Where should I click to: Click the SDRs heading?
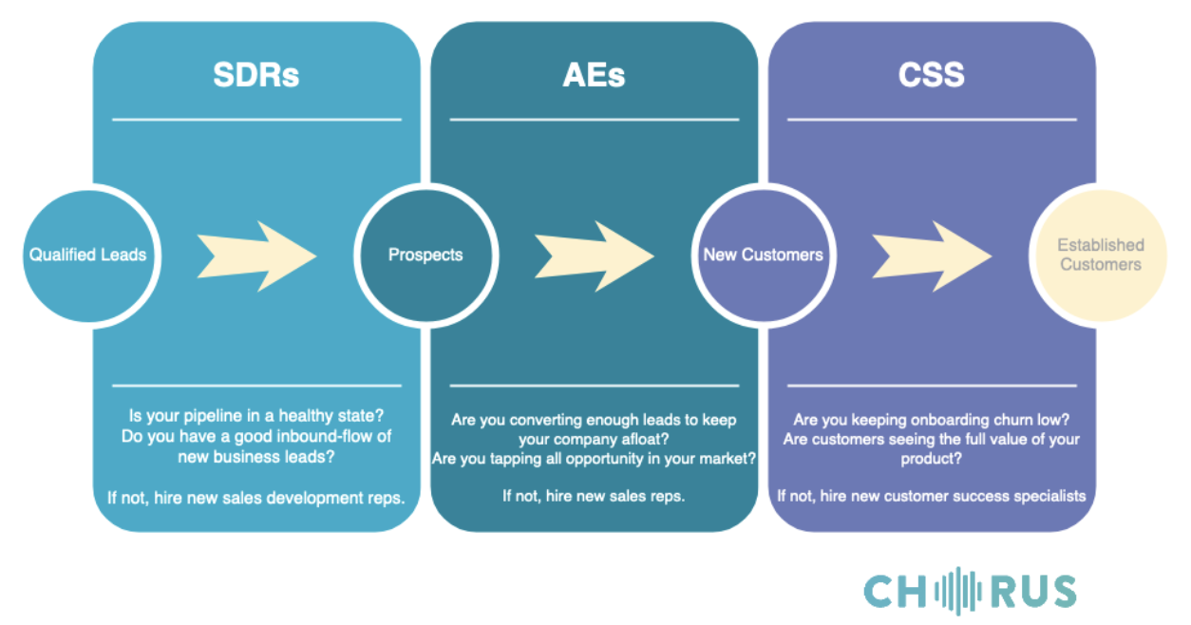[256, 74]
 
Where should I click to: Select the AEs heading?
[594, 74]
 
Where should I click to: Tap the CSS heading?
[932, 74]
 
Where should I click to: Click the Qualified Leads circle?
[88, 256]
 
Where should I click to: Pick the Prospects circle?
[425, 256]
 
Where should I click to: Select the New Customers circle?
[764, 256]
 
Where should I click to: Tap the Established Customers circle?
[1101, 256]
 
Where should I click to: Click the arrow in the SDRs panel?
[256, 256]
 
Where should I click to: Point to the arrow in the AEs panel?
[594, 256]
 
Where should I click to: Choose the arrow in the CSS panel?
[932, 256]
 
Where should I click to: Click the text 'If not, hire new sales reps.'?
[594, 496]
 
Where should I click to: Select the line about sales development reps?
[256, 498]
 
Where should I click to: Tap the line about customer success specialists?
[932, 496]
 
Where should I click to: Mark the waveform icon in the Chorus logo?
[958, 591]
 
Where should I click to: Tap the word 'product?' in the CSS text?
[932, 459]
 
